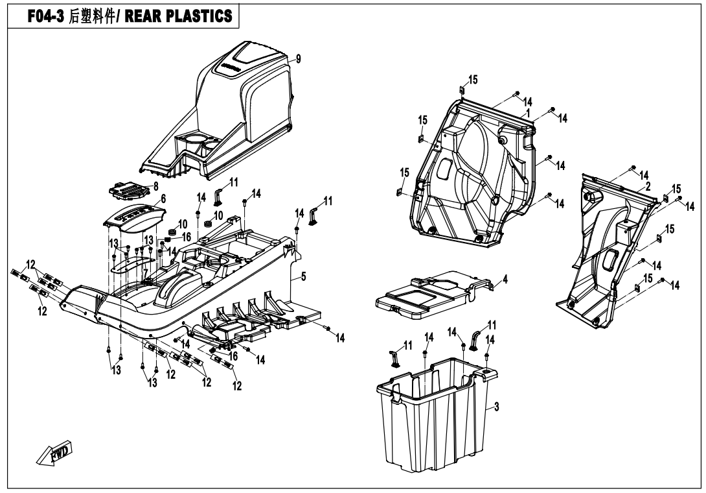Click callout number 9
pyautogui.click(x=299, y=59)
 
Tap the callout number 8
pyautogui.click(x=154, y=186)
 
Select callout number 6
pyautogui.click(x=163, y=200)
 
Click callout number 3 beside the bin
pyautogui.click(x=496, y=407)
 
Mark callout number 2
pyautogui.click(x=647, y=186)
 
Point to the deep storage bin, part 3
pyautogui.click(x=434, y=415)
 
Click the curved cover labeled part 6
pyautogui.click(x=133, y=217)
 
